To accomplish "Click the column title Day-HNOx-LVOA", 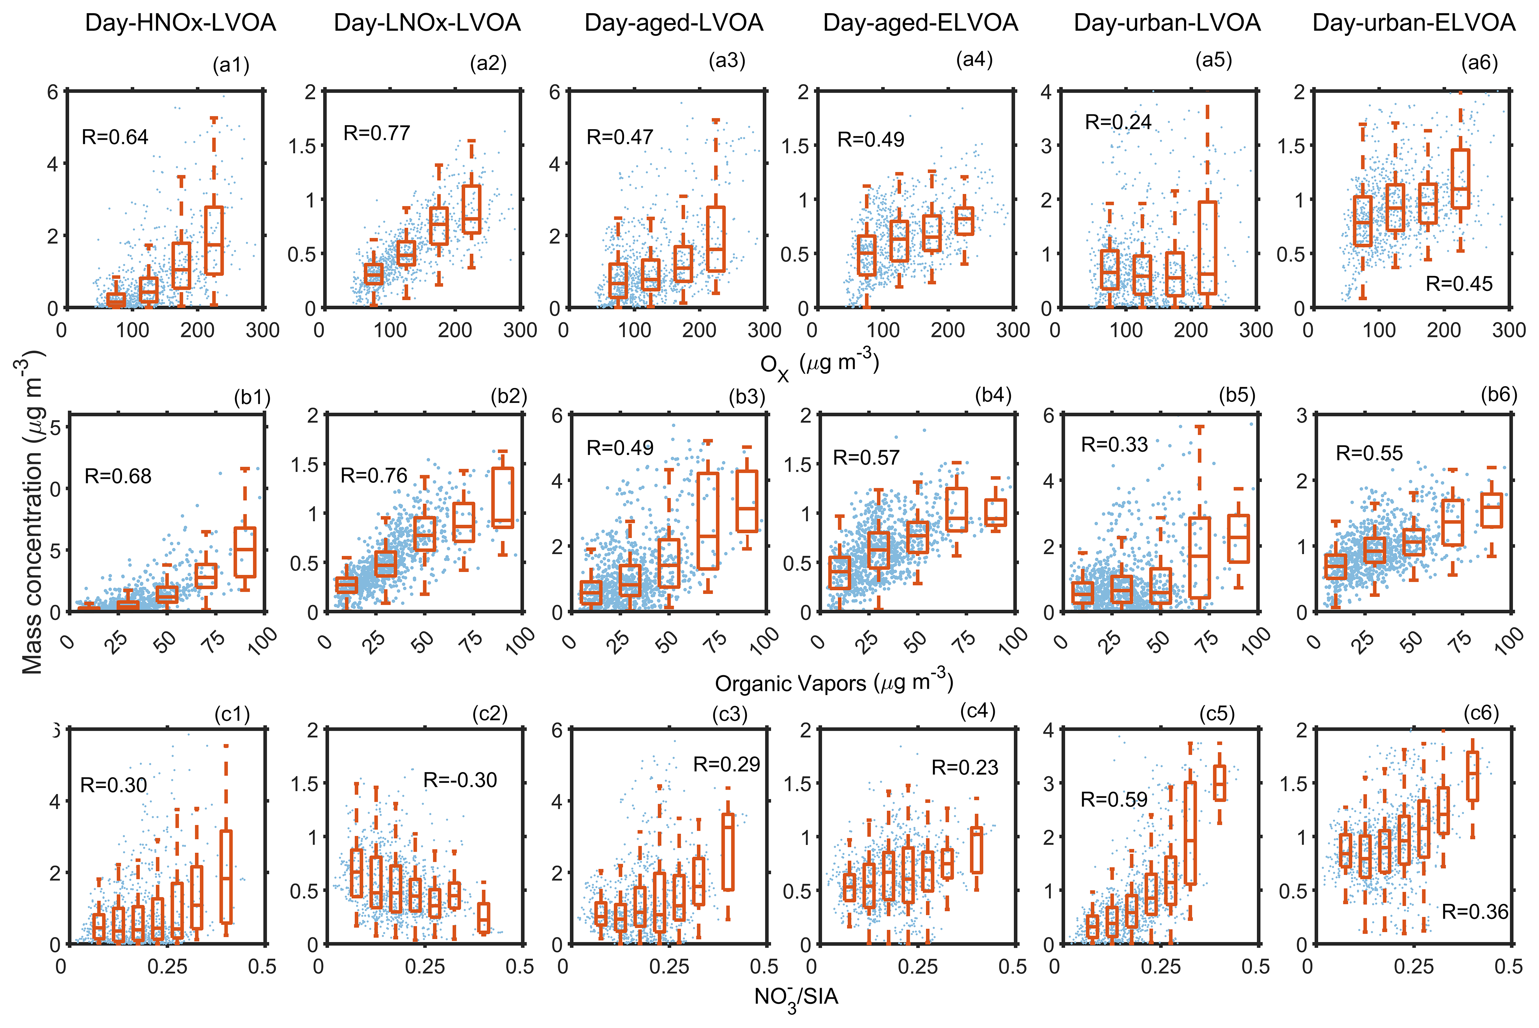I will (180, 23).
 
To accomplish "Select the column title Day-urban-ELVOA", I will (1414, 23).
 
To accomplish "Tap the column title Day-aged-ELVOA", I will (920, 23).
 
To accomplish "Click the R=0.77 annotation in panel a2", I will (377, 133).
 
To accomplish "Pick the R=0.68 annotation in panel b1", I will (118, 476).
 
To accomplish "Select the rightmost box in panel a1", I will (214, 240).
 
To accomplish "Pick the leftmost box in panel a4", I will (867, 255).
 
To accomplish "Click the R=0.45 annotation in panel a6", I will (1459, 284).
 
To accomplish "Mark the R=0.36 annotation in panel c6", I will (1475, 911).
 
